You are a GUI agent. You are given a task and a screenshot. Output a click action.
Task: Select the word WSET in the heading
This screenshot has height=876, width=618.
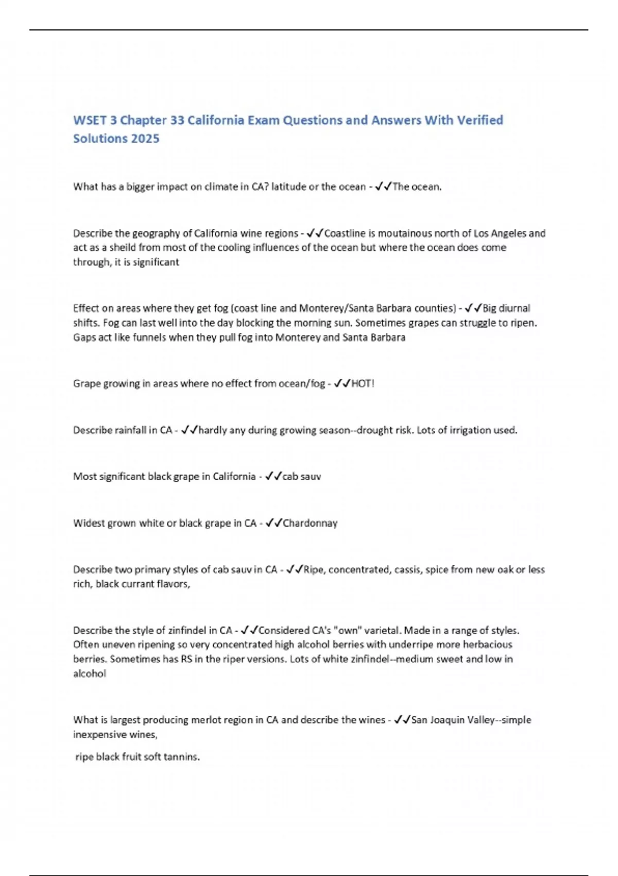(x=88, y=120)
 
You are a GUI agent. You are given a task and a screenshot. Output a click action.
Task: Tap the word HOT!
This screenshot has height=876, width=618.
(x=363, y=383)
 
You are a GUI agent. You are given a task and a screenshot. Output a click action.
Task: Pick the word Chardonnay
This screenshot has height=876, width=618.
(x=310, y=523)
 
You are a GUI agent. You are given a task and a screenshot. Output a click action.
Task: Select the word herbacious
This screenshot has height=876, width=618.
(x=487, y=645)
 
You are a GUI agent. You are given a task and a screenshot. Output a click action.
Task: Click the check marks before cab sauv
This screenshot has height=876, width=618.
(x=273, y=477)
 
